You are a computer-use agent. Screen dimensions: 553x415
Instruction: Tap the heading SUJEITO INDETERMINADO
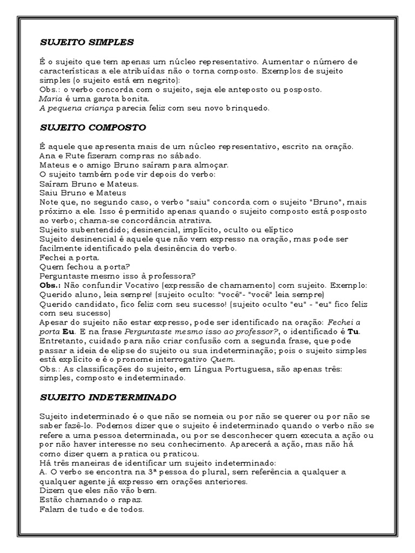point(108,397)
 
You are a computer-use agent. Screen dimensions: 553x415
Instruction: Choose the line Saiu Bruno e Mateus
point(83,193)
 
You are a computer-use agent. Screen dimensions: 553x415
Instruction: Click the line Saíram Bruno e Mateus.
point(89,184)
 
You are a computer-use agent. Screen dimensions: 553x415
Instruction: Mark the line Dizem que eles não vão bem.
point(98,491)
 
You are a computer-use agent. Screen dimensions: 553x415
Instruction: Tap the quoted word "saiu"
point(176,202)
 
